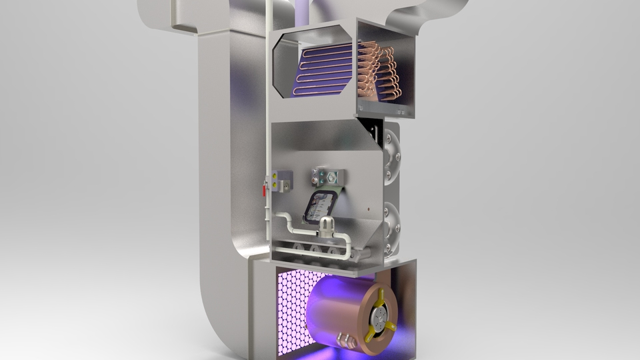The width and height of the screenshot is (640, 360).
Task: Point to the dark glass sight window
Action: click(x=319, y=205)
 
